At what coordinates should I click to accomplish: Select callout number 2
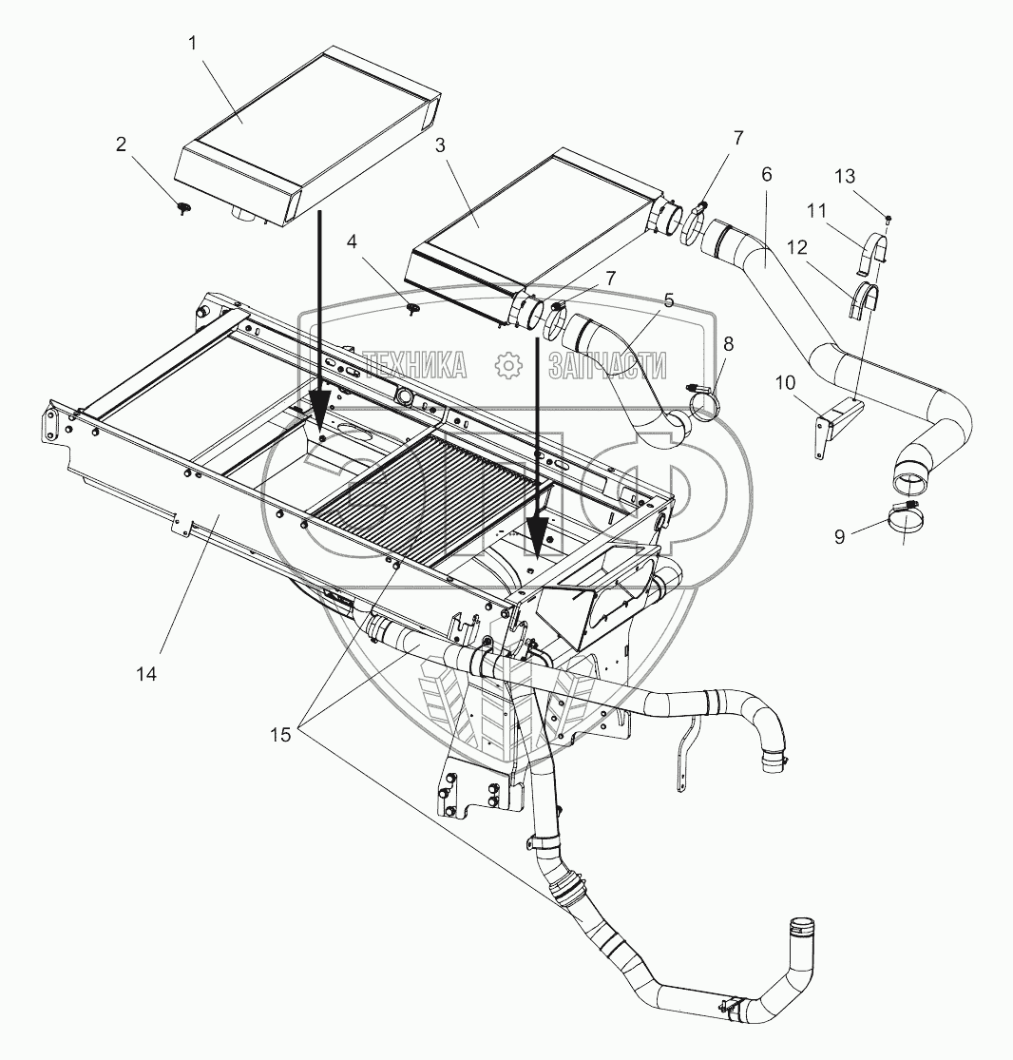click(x=121, y=145)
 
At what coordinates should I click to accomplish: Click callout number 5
click(x=669, y=301)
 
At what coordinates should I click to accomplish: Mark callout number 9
click(x=839, y=537)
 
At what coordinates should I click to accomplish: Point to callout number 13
click(x=845, y=176)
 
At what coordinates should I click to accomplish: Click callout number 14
click(x=146, y=674)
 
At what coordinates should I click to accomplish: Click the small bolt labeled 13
click(x=888, y=219)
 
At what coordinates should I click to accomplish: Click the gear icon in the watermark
click(x=509, y=362)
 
